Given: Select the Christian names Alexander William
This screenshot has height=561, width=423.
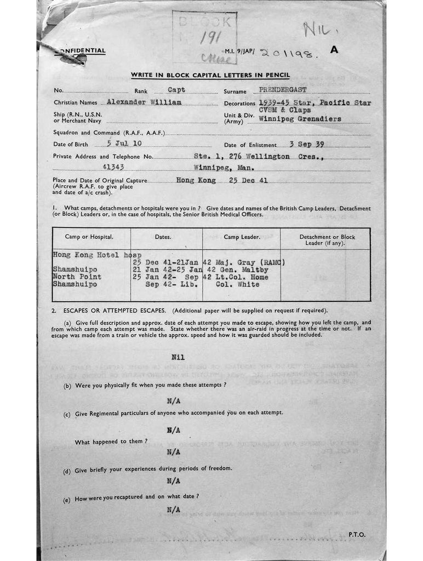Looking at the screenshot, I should point(144,102).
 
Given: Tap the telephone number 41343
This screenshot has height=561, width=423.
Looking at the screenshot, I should point(115,168).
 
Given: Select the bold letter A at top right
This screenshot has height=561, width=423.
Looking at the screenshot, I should point(334,49).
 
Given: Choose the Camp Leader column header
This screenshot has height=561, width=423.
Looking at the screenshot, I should point(241,237).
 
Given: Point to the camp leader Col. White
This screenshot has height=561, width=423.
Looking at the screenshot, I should point(237,285).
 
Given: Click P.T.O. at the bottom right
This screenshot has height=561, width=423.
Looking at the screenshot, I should point(357,534).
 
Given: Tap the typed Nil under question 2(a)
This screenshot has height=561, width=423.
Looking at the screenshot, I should point(178,357).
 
